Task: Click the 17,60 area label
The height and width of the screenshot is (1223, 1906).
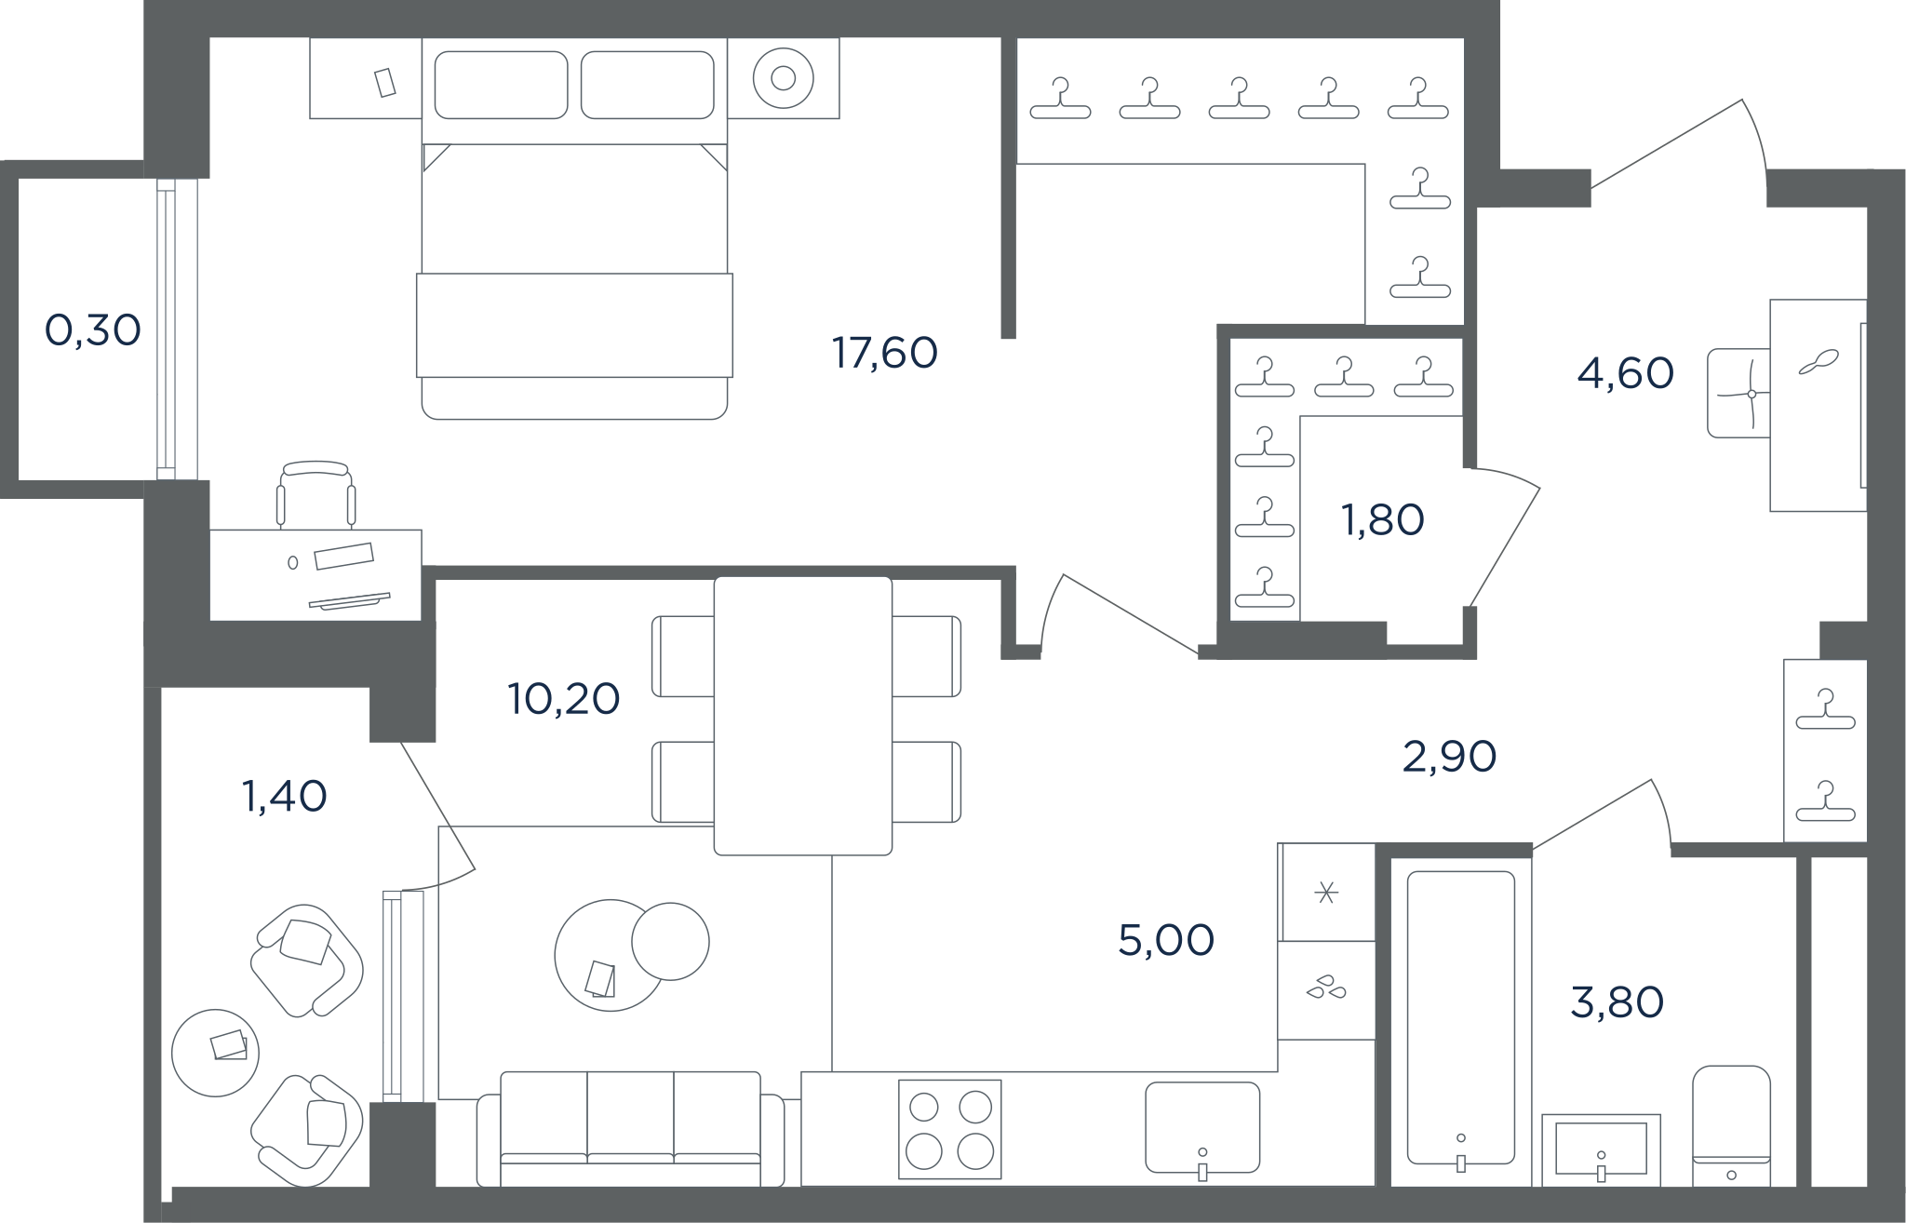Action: click(x=884, y=354)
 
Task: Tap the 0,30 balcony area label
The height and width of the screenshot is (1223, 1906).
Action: click(x=93, y=330)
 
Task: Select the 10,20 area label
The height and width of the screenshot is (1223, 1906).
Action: click(x=564, y=699)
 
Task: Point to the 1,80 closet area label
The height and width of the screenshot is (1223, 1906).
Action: click(x=1383, y=520)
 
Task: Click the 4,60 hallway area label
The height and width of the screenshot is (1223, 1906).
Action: click(x=1626, y=373)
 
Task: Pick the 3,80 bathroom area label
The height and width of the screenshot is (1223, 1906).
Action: click(x=1617, y=1002)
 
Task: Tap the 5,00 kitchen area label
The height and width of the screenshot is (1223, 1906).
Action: click(x=1166, y=940)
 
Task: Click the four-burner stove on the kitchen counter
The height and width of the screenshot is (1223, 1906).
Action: click(x=950, y=1129)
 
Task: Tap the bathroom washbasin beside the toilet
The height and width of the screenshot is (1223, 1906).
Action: click(x=1601, y=1149)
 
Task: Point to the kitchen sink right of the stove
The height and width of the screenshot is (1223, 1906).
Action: click(x=1202, y=1128)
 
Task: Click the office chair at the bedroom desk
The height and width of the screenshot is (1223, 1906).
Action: click(x=316, y=493)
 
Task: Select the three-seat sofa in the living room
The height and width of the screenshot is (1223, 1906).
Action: click(x=631, y=1129)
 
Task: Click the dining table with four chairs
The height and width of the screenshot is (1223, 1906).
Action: click(x=803, y=716)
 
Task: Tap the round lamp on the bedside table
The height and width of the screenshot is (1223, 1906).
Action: click(x=784, y=79)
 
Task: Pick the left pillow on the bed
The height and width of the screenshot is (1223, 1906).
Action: click(x=501, y=85)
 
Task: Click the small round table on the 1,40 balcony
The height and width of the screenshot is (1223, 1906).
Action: click(x=216, y=1053)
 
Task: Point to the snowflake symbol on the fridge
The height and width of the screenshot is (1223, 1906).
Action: click(x=1326, y=894)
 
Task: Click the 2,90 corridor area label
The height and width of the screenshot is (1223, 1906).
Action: click(x=1449, y=757)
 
